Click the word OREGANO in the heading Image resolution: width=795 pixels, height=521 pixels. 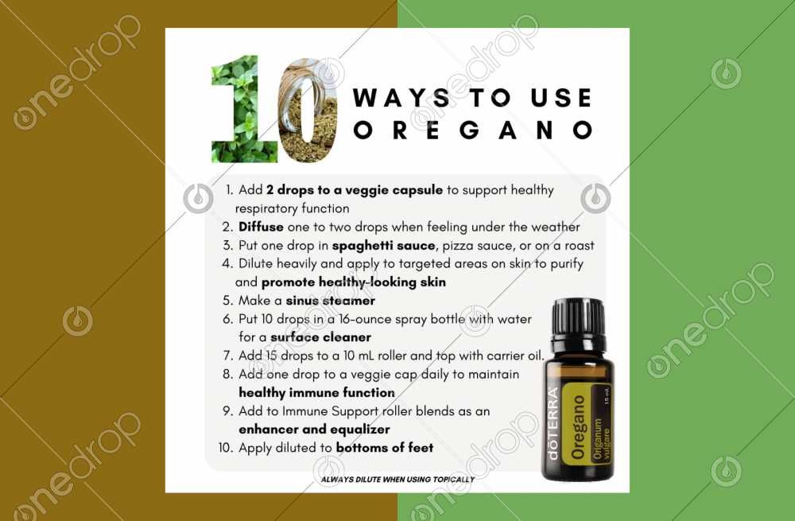[473, 130]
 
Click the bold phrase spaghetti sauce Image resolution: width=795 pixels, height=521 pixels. [384, 245]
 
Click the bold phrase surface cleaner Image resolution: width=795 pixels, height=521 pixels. [305, 337]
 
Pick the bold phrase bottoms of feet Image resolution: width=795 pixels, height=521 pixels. [385, 448]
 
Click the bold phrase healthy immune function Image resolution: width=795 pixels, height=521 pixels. [316, 392]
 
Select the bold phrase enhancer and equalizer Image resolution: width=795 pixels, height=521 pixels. [314, 430]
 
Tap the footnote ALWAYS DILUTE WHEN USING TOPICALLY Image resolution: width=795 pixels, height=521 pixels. [397, 480]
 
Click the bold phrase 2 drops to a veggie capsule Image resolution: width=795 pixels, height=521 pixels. [355, 191]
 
